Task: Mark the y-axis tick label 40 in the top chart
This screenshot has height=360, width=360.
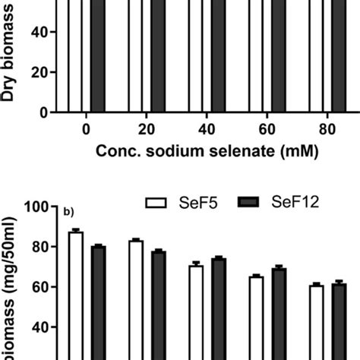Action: (39, 32)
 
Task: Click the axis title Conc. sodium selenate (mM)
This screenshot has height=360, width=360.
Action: (205, 150)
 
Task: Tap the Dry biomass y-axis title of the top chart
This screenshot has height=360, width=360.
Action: (11, 53)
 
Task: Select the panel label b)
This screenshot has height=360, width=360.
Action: (73, 210)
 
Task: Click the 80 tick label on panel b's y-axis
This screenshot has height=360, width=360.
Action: (39, 247)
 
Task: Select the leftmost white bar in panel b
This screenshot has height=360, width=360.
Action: (75, 296)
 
